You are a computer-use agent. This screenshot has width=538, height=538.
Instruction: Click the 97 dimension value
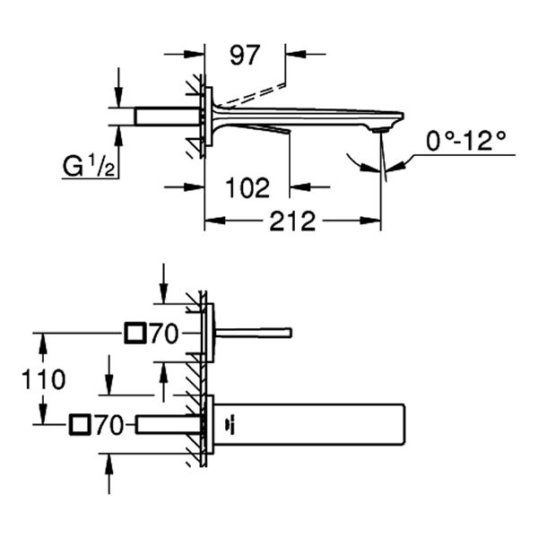tap(244, 55)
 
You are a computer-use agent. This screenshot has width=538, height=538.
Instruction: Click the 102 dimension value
tap(247, 188)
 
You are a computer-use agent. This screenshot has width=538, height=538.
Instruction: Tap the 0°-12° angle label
tap(465, 141)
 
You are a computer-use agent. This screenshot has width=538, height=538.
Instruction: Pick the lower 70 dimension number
tap(108, 424)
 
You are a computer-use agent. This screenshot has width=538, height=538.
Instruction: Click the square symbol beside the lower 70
tap(78, 424)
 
